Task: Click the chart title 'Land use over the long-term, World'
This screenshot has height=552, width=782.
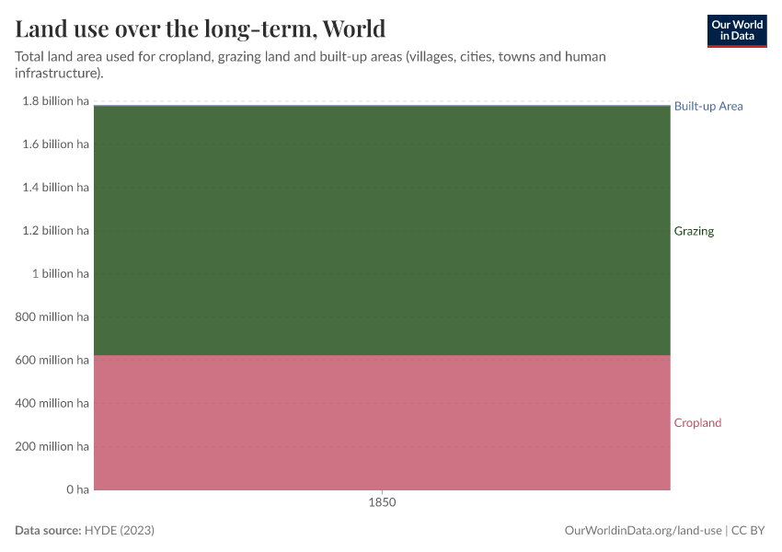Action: pyautogui.click(x=200, y=29)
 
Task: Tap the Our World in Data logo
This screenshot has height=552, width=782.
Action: pyautogui.click(x=736, y=30)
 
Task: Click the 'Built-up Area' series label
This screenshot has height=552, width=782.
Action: pyautogui.click(x=707, y=106)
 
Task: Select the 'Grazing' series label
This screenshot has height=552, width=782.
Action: pyautogui.click(x=694, y=231)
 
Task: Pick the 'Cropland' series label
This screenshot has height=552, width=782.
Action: pyautogui.click(x=697, y=423)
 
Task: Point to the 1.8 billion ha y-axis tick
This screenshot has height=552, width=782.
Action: pyautogui.click(x=55, y=101)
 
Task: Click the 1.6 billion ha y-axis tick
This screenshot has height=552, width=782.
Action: pyautogui.click(x=55, y=144)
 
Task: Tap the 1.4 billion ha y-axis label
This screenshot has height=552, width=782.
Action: pyautogui.click(x=55, y=188)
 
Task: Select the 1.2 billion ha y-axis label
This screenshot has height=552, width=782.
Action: pyautogui.click(x=55, y=230)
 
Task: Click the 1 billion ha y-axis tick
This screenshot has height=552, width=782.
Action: pyautogui.click(x=61, y=273)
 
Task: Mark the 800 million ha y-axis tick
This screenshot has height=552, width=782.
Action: pyautogui.click(x=52, y=316)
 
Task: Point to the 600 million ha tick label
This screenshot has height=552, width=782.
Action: pyautogui.click(x=52, y=360)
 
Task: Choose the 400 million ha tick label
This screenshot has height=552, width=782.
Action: pyautogui.click(x=52, y=403)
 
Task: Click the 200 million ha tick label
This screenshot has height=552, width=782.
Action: pyautogui.click(x=52, y=446)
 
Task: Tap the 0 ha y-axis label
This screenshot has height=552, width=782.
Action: pyautogui.click(x=76, y=489)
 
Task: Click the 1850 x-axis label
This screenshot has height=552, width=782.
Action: pyautogui.click(x=382, y=503)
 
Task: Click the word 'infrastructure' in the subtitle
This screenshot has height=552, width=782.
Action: pyautogui.click(x=56, y=73)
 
